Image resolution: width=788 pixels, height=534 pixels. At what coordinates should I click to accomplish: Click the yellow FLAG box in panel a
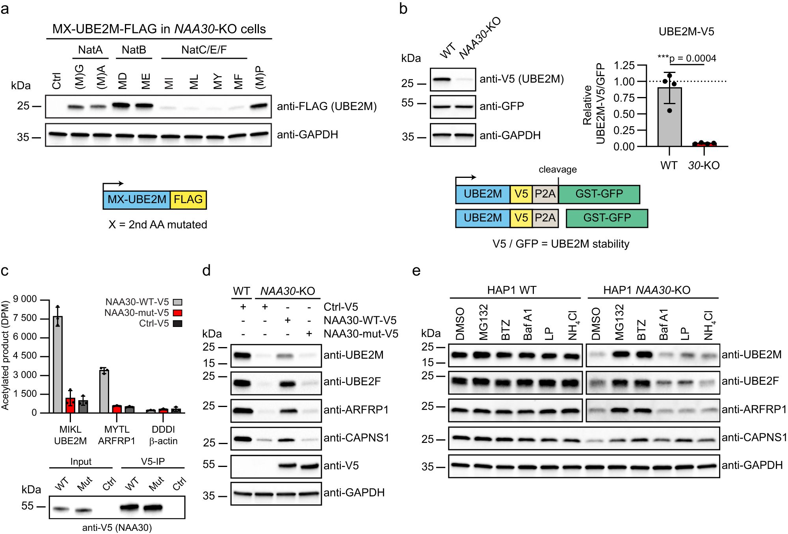pyautogui.click(x=188, y=200)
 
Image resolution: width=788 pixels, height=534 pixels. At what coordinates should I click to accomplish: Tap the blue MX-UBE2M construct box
pyautogui.click(x=137, y=200)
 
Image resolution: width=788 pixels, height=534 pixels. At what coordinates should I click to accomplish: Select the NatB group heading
pyautogui.click(x=134, y=50)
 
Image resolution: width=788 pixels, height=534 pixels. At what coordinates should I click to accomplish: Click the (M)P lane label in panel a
pyautogui.click(x=260, y=77)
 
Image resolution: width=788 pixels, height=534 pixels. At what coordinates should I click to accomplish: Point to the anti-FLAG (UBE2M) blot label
pyautogui.click(x=327, y=106)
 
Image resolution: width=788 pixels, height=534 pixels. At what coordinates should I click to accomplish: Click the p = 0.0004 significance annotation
pyautogui.click(x=692, y=59)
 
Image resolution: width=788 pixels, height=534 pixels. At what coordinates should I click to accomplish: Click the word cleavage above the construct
pyautogui.click(x=558, y=170)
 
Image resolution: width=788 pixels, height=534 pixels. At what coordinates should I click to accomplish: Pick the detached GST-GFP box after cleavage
pyautogui.click(x=607, y=218)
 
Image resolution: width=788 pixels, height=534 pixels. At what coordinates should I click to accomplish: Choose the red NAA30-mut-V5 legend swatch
pyautogui.click(x=178, y=313)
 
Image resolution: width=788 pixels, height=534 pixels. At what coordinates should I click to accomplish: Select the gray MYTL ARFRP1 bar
pyautogui.click(x=104, y=391)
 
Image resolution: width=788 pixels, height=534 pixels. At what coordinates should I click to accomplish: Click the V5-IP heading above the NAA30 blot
pyautogui.click(x=153, y=461)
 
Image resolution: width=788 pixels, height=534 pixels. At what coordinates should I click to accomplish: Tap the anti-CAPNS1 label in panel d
pyautogui.click(x=356, y=438)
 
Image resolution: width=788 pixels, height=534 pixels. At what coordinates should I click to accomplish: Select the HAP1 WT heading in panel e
pyautogui.click(x=511, y=290)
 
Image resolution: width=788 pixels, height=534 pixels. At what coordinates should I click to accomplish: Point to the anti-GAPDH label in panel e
pyautogui.click(x=752, y=465)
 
